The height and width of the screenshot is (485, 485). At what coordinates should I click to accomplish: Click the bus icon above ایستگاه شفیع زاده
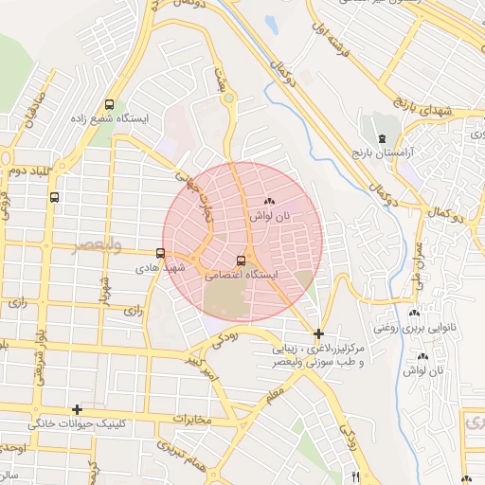(111, 104)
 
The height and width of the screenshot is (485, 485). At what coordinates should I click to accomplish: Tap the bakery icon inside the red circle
(270, 201)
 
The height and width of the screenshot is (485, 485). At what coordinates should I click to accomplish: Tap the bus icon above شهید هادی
(160, 253)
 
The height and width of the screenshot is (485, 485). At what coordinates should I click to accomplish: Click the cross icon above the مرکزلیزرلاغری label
(318, 333)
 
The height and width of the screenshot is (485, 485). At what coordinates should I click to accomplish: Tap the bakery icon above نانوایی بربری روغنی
(413, 314)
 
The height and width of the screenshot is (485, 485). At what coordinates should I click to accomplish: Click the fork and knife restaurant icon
(355, 476)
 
